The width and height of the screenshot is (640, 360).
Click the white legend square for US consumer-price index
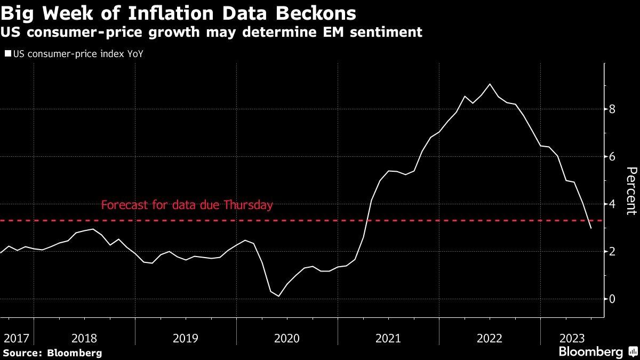tap(7, 54)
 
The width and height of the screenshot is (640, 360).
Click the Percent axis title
tap(631, 190)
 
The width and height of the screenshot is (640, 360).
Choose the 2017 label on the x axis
tap(16, 338)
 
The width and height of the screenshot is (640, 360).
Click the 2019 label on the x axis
tap(186, 338)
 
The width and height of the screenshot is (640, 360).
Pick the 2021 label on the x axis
tap(388, 338)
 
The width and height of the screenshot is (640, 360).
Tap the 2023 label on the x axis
tap(572, 338)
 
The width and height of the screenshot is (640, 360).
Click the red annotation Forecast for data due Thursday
tap(187, 205)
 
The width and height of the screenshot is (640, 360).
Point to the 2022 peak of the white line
tap(490, 84)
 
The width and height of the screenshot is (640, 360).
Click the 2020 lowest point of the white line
tap(278, 296)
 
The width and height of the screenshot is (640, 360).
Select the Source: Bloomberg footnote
tap(52, 353)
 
